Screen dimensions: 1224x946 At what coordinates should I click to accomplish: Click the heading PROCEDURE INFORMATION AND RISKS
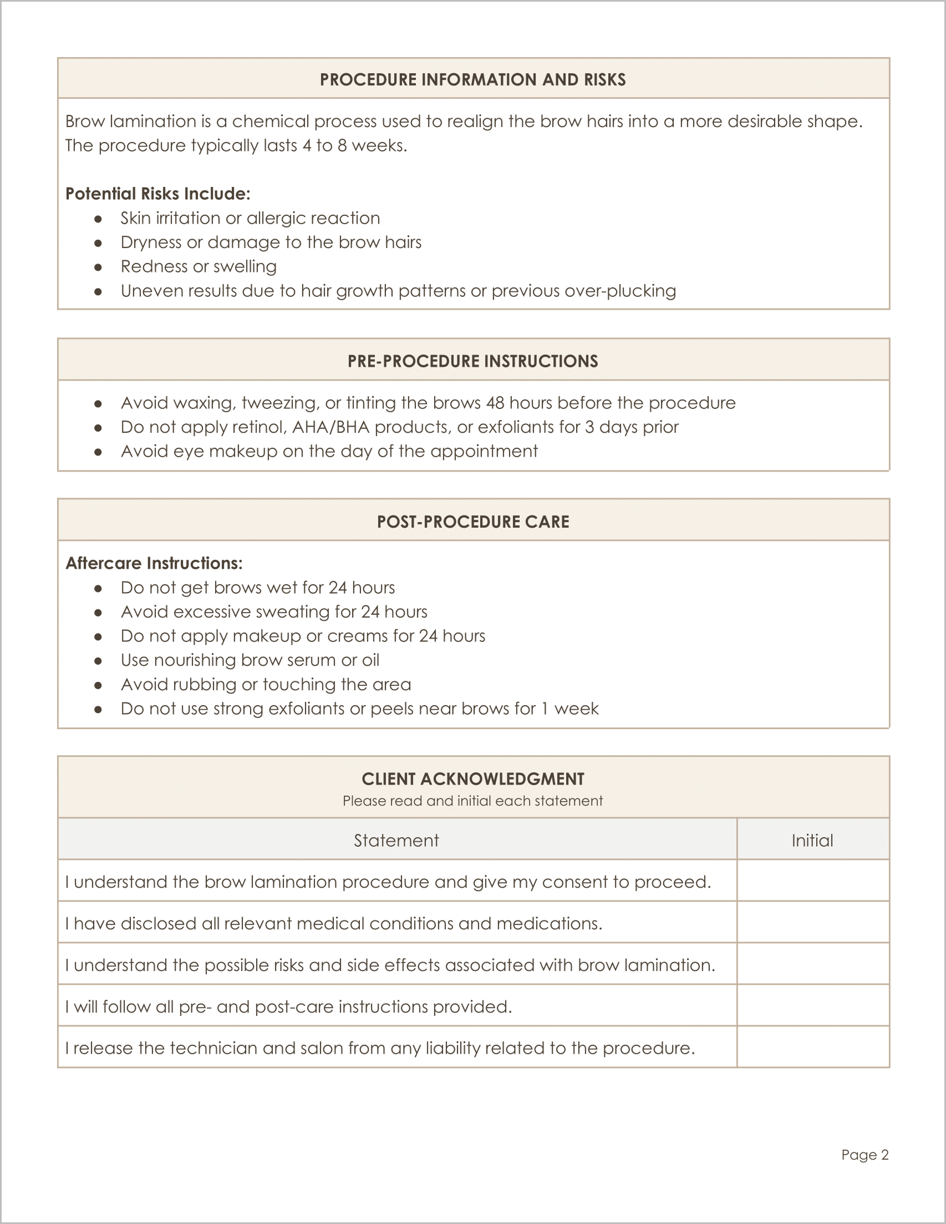[x=472, y=79]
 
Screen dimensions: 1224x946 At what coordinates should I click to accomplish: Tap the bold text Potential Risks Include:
[x=157, y=194]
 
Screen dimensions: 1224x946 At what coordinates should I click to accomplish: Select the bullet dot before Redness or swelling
[x=98, y=267]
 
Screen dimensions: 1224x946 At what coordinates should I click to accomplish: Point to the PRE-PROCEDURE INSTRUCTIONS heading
[x=472, y=361]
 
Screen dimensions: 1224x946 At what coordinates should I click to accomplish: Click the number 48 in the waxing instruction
[x=495, y=403]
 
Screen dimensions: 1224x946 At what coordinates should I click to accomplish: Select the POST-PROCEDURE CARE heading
[x=472, y=522]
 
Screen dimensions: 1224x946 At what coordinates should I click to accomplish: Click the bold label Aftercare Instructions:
[x=154, y=563]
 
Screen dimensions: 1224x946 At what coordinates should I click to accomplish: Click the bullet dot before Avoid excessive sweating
[x=98, y=613]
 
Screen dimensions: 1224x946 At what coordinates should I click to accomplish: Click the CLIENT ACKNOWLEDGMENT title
[x=472, y=779]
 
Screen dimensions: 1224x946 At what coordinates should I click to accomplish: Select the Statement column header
[x=396, y=841]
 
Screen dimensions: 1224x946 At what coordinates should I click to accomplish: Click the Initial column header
[x=812, y=841]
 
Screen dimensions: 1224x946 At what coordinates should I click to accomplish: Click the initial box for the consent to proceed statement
[x=812, y=882]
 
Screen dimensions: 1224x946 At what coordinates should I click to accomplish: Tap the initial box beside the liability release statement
[x=812, y=1049]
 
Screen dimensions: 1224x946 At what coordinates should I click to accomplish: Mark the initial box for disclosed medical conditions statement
[x=812, y=924]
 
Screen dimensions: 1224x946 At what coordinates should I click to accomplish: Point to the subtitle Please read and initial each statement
[x=472, y=801]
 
